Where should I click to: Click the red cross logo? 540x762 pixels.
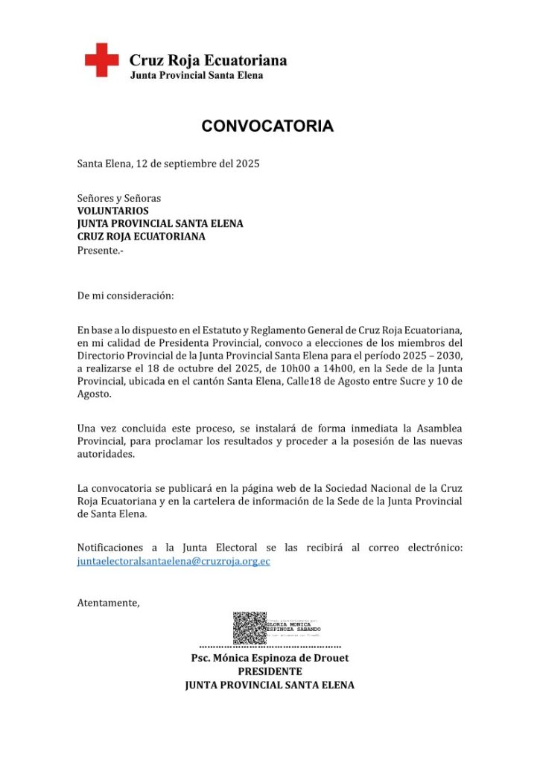pos(101,60)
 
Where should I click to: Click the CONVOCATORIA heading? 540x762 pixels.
pos(267,127)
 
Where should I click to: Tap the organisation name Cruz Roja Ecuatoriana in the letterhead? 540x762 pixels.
pos(208,61)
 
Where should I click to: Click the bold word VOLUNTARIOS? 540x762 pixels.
pos(113,211)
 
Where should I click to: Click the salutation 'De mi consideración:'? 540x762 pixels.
pos(125,295)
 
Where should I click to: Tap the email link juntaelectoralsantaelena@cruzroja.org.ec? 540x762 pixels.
pos(174,561)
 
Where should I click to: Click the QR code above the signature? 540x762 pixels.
pos(249,628)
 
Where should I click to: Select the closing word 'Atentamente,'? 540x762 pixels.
pos(108,603)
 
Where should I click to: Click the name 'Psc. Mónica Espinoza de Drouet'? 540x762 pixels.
pos(270,658)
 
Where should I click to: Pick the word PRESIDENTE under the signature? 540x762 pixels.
pos(270,671)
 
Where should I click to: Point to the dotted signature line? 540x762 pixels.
pos(270,647)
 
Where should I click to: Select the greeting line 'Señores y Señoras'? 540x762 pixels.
pos(119,198)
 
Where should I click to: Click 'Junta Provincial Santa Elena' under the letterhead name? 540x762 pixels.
pos(197,76)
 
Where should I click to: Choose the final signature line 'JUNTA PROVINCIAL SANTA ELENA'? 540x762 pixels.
pos(270,685)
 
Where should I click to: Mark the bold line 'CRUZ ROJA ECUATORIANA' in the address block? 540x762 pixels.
pos(141,237)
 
